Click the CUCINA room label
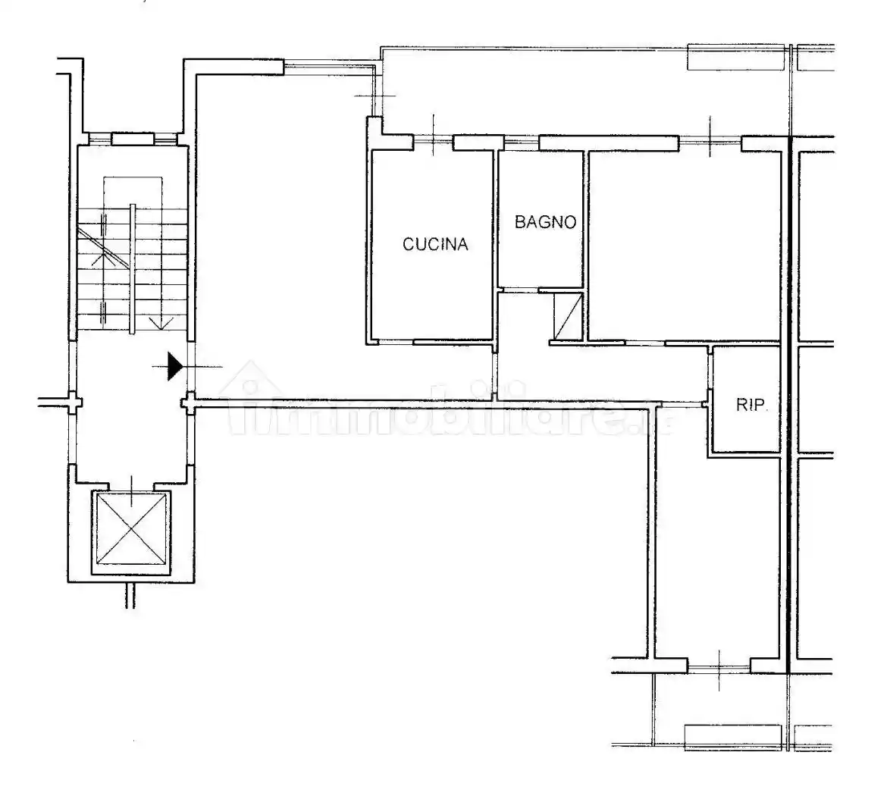[435, 244]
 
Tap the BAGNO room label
[546, 222]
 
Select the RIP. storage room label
[752, 405]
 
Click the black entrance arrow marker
[175, 366]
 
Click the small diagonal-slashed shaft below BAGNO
[569, 315]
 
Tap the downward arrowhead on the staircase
[161, 324]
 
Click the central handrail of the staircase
[132, 268]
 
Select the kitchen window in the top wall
[433, 139]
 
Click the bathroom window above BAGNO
[521, 139]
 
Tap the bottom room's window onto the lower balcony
[719, 666]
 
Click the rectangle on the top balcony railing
[737, 57]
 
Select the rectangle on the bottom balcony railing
[733, 738]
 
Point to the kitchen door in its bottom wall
[396, 342]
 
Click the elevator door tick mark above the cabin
[132, 492]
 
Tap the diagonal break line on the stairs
[102, 248]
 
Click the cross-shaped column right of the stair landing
[189, 403]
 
